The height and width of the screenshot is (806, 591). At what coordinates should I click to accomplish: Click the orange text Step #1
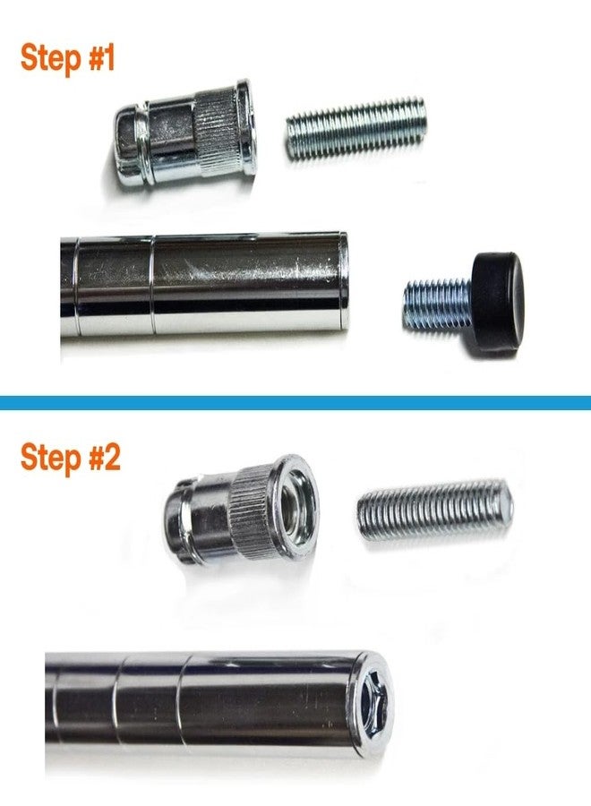click(68, 59)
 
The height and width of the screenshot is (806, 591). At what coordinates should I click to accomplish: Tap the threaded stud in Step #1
click(355, 128)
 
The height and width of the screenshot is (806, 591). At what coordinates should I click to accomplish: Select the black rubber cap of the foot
click(496, 301)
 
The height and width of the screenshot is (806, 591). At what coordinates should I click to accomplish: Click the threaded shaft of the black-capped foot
click(436, 304)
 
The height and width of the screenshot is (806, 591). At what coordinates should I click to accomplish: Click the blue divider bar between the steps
click(295, 403)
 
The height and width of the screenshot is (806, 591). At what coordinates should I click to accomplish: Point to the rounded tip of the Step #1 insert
click(124, 145)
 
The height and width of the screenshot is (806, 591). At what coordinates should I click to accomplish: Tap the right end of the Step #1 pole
click(340, 279)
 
